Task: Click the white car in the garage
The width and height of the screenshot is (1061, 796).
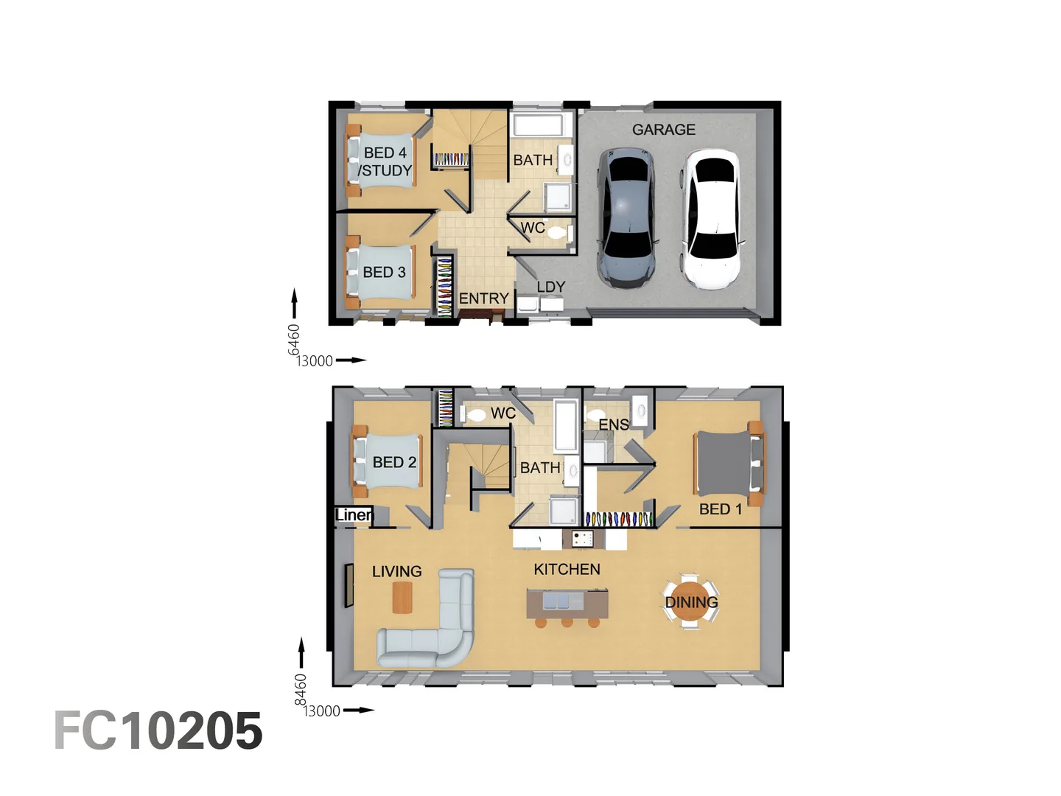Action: (x=711, y=219)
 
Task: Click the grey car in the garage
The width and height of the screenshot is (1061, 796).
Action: (x=626, y=217)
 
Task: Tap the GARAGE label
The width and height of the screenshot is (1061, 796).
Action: (x=663, y=130)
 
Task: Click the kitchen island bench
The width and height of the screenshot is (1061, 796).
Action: (x=567, y=604)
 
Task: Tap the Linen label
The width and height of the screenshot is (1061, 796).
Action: (x=354, y=515)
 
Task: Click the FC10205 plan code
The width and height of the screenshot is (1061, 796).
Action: (x=158, y=731)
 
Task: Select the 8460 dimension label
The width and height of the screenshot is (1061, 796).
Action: (x=301, y=689)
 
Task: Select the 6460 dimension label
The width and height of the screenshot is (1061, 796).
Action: (x=294, y=339)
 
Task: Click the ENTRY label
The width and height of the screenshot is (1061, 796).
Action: (x=483, y=298)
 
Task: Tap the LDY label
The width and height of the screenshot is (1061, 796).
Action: (x=550, y=287)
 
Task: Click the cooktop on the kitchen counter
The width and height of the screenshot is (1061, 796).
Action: (x=582, y=539)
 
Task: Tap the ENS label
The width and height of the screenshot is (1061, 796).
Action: (x=613, y=425)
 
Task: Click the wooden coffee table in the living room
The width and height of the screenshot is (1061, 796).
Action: (x=402, y=597)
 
